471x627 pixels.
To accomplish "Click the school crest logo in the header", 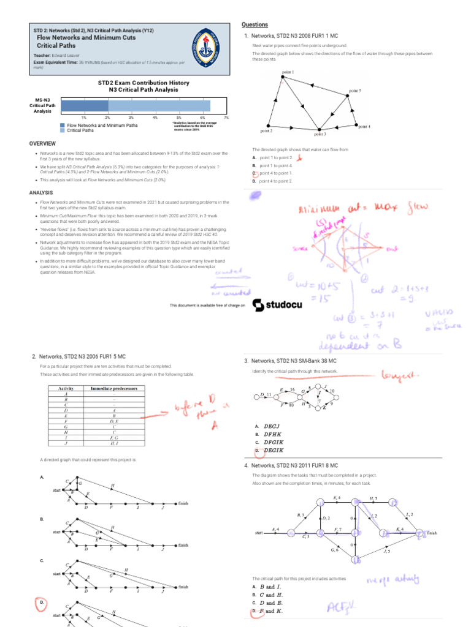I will (x=209, y=46).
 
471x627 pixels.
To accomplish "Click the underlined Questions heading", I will (x=255, y=24).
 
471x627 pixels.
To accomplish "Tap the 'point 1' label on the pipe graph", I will (x=288, y=72).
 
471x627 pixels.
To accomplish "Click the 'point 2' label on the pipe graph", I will (x=266, y=130).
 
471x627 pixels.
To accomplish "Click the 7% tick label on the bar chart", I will (x=226, y=117).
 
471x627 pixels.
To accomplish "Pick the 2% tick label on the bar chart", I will (x=107, y=117).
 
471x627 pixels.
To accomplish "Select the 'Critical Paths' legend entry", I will (x=80, y=130).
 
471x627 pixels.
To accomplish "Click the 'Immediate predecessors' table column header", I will (x=114, y=388).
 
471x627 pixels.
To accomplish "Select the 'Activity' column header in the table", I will (x=66, y=388).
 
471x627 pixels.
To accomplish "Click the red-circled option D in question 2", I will (x=40, y=603).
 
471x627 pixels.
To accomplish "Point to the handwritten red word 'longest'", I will (x=399, y=374).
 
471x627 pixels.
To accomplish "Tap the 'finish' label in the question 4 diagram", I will (x=432, y=533).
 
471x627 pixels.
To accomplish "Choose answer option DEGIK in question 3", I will (x=273, y=450).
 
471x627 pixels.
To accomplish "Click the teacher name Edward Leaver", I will (x=66, y=55).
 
